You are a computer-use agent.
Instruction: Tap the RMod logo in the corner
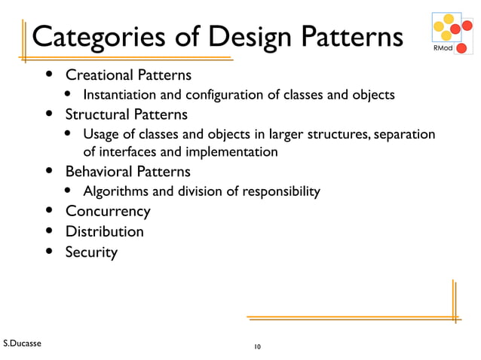pyautogui.click(x=451, y=33)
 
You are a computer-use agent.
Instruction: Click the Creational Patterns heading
pyautogui.click(x=127, y=75)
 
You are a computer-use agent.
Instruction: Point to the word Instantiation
pyautogui.click(x=121, y=95)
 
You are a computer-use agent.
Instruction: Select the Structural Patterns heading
pyautogui.click(x=126, y=114)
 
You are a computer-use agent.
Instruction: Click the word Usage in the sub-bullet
pyautogui.click(x=101, y=134)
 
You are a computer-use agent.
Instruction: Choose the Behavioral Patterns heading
pyautogui.click(x=127, y=172)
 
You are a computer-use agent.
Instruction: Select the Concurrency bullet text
pyautogui.click(x=107, y=212)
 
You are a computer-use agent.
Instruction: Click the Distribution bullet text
pyautogui.click(x=104, y=231)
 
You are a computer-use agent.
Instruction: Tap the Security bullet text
pyautogui.click(x=91, y=252)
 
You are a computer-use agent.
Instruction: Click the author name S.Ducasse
pyautogui.click(x=22, y=343)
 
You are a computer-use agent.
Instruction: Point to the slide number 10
pyautogui.click(x=257, y=346)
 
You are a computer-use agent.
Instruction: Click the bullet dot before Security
pyautogui.click(x=50, y=251)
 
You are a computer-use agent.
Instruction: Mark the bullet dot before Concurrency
pyautogui.click(x=50, y=211)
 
